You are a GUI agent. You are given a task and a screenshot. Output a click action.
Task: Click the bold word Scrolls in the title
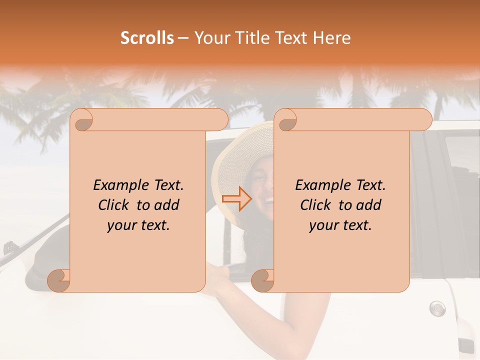click(147, 38)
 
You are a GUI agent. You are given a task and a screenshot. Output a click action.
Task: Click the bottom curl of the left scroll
click(59, 280)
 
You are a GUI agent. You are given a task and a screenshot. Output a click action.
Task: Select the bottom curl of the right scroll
click(262, 280)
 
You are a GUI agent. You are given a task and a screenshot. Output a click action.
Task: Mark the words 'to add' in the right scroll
click(359, 205)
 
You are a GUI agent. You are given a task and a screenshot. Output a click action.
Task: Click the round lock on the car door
click(437, 307)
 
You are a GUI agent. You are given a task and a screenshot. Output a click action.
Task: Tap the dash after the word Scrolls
click(183, 38)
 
